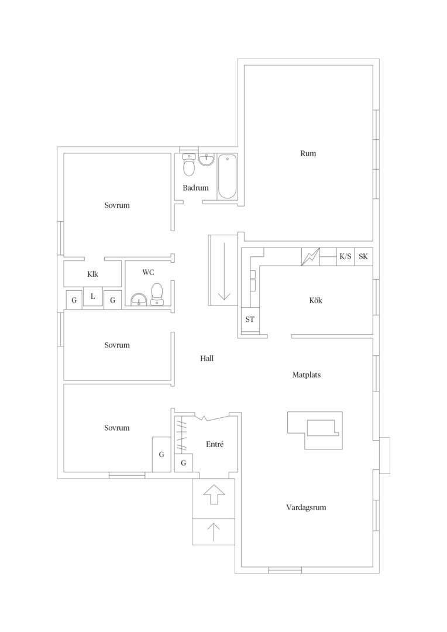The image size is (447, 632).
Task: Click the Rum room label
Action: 308,153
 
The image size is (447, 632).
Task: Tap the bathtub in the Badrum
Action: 227,176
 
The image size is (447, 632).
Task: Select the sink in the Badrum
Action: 207,159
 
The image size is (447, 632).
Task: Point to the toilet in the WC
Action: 156,294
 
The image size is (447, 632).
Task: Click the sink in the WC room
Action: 139,300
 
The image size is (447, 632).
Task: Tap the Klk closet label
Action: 92,274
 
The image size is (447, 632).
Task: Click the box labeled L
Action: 92,297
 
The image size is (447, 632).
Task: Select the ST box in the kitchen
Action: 250,320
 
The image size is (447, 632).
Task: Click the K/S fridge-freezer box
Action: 345,256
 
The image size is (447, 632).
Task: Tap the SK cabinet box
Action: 363,256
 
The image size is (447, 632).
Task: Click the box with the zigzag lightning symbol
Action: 311,256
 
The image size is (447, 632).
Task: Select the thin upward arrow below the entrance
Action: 213,531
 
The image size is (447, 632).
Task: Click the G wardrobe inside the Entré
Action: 183,463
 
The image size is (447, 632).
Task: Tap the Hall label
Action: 207,358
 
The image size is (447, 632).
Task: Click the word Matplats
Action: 307,375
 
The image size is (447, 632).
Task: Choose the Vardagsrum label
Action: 307,507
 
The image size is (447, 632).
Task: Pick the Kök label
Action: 316,300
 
